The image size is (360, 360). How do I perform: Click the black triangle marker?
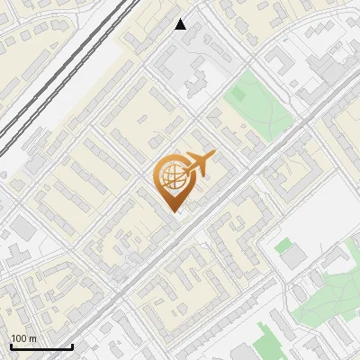(181, 24)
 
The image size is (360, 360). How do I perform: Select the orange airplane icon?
(198, 164)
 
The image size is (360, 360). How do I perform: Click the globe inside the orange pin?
(171, 177)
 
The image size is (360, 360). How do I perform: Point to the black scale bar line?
(40, 347)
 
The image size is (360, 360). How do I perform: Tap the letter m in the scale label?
(33, 338)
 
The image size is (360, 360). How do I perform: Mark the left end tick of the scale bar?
(10, 346)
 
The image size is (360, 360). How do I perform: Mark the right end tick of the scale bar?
(72, 346)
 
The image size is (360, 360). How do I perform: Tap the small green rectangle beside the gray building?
(283, 245)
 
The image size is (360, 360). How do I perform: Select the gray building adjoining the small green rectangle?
(294, 257)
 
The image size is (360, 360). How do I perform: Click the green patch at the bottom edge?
(266, 343)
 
